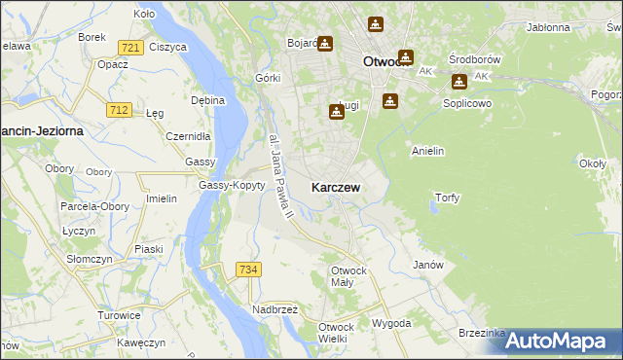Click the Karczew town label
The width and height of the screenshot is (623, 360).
(339, 187)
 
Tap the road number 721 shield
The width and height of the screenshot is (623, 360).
(129, 47)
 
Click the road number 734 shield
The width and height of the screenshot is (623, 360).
(247, 269)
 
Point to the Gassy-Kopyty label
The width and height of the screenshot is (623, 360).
(232, 185)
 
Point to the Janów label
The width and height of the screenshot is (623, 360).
(428, 265)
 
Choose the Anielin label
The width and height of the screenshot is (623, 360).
(428, 151)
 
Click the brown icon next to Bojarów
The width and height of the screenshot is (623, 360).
(324, 43)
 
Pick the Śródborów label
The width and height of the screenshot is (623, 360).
(474, 58)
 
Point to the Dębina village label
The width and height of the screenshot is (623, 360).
(208, 100)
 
